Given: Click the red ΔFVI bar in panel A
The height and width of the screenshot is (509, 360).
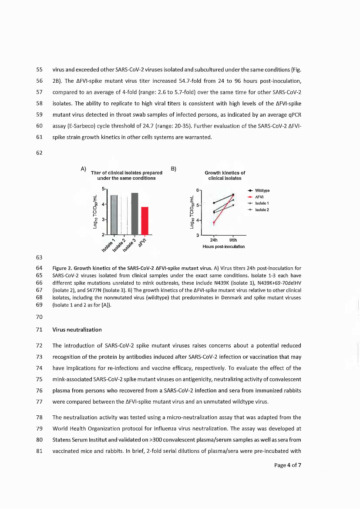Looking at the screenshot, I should pyautogui.click(x=145, y=220).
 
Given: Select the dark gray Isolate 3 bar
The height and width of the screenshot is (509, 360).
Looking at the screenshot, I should pyautogui.click(x=135, y=213).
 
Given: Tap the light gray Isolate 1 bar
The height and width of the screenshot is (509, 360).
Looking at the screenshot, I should pyautogui.click(x=114, y=215).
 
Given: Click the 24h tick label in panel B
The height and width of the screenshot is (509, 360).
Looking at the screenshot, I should pyautogui.click(x=214, y=240).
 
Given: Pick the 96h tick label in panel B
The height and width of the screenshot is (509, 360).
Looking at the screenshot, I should pyautogui.click(x=233, y=240).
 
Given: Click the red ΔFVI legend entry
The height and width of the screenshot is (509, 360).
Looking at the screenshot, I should pyautogui.click(x=257, y=197).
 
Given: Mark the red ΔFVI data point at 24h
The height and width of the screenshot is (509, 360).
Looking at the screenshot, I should pyautogui.click(x=214, y=222).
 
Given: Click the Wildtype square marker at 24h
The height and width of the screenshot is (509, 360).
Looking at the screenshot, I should pyautogui.click(x=214, y=203).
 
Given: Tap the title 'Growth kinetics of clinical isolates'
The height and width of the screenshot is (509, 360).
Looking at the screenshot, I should pyautogui.click(x=225, y=175).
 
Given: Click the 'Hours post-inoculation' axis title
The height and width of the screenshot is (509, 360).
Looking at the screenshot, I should pyautogui.click(x=223, y=247).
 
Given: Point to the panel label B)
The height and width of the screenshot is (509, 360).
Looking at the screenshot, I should pyautogui.click(x=173, y=168).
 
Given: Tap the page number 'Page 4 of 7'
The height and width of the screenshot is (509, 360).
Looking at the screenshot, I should pyautogui.click(x=288, y=465).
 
